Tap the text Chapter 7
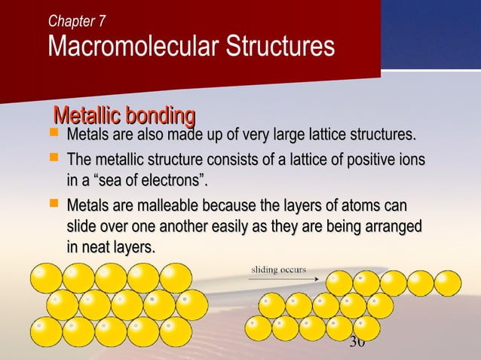tap(76, 21)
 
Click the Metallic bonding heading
tap(124, 117)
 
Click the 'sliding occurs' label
tap(278, 268)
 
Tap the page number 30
tap(357, 343)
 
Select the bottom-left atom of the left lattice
tap(46, 331)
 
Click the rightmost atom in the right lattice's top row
tap(447, 283)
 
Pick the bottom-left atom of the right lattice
tap(259, 328)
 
